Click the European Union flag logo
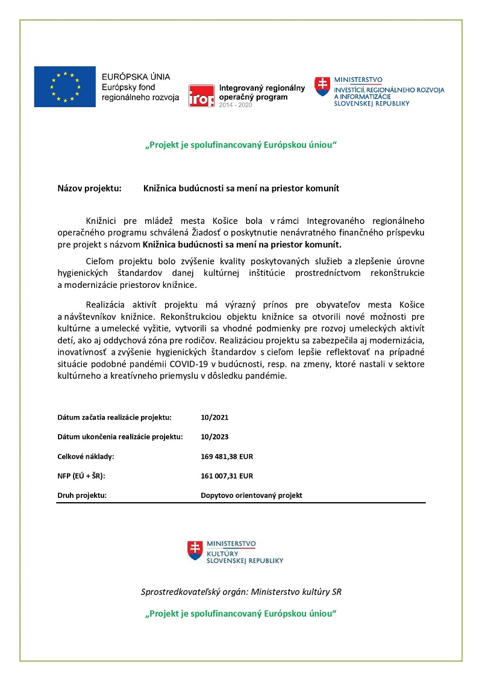64,87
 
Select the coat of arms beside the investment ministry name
323,86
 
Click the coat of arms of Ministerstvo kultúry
195,550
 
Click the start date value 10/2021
214,417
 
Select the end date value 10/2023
214,437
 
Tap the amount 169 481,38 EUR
227,456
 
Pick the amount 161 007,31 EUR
227,476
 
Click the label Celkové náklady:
86,456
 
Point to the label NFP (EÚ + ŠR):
81,476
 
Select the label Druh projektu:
82,496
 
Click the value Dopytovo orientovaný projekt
251,496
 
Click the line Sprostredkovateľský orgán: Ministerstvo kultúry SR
241,592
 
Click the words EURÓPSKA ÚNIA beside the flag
136,77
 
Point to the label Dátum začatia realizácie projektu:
114,417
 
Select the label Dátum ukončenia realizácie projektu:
120,437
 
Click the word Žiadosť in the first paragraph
240,233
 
